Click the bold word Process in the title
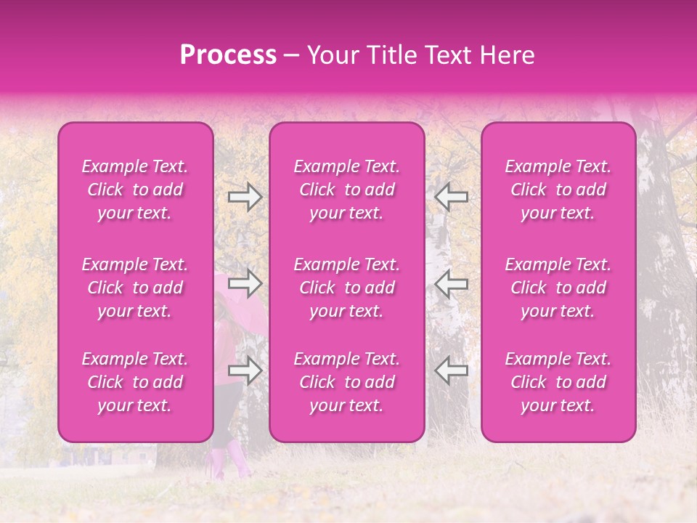pyautogui.click(x=228, y=55)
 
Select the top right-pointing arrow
pyautogui.click(x=245, y=197)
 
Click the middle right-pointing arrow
pyautogui.click(x=245, y=283)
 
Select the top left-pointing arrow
pyautogui.click(x=451, y=197)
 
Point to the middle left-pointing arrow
pyautogui.click(x=451, y=283)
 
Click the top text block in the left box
pyautogui.click(x=135, y=190)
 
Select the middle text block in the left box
pyautogui.click(x=135, y=288)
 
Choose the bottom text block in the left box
pyautogui.click(x=135, y=382)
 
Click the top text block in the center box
pyautogui.click(x=347, y=190)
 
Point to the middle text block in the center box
pyautogui.click(x=347, y=288)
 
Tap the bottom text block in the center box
pyautogui.click(x=347, y=382)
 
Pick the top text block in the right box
pyautogui.click(x=558, y=190)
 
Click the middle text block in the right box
pyautogui.click(x=558, y=288)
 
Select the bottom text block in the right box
pyautogui.click(x=558, y=382)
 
